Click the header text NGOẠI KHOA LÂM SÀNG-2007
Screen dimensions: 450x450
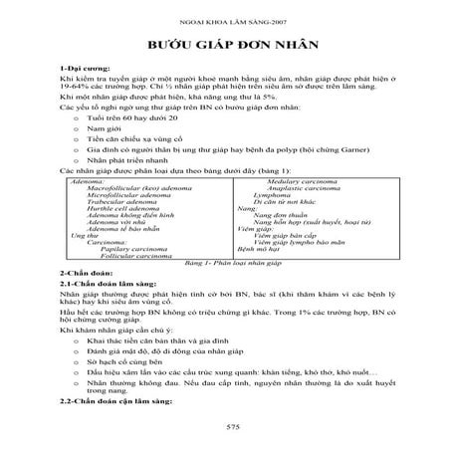tap(224, 16)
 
